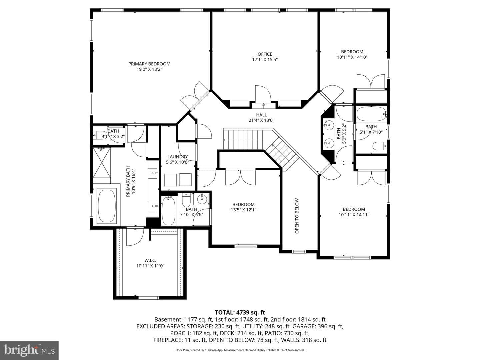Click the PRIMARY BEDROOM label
pyautogui.click(x=149, y=64)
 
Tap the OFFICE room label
pyautogui.click(x=265, y=54)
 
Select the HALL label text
pyautogui.click(x=261, y=115)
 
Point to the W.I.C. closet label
pyautogui.click(x=150, y=260)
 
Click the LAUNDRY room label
pyautogui.click(x=178, y=157)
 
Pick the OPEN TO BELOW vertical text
pyautogui.click(x=297, y=216)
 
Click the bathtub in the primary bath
pyautogui.click(x=107, y=206)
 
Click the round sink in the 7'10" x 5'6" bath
pyautogui.click(x=201, y=199)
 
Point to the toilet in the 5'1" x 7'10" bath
pyautogui.click(x=380, y=146)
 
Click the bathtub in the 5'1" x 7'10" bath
pyautogui.click(x=371, y=114)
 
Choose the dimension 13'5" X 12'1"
pyautogui.click(x=243, y=210)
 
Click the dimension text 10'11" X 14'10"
pyautogui.click(x=352, y=57)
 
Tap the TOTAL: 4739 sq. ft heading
pyautogui.click(x=240, y=312)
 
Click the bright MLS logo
pyautogui.click(x=29, y=350)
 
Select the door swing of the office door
pyautogui.click(x=263, y=94)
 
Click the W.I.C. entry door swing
pyautogui.click(x=135, y=237)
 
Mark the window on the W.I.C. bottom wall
pyautogui.click(x=149, y=298)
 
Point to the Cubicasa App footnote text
pyautogui.click(x=240, y=350)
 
